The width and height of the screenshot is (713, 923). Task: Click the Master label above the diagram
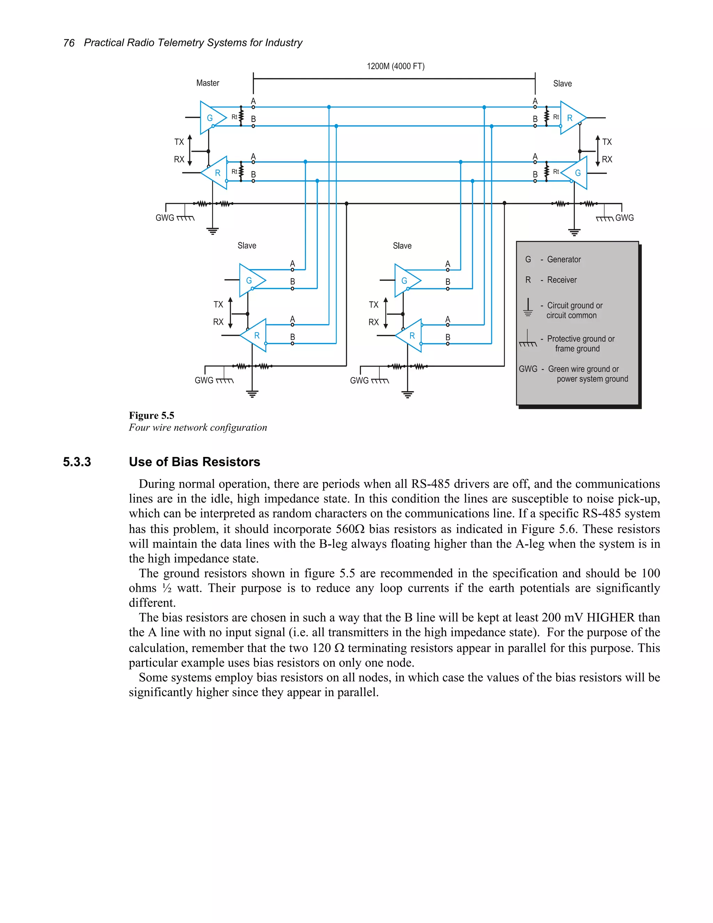point(207,83)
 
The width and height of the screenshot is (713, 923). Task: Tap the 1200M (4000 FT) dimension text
point(395,66)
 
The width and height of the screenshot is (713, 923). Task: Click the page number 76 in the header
point(69,43)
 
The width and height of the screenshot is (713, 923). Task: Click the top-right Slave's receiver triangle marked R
point(571,118)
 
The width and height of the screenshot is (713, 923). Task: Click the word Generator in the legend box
point(564,259)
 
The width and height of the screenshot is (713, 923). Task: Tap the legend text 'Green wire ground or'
point(583,369)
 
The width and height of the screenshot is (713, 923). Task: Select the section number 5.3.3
point(77,462)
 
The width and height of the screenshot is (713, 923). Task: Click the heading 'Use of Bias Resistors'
point(194,462)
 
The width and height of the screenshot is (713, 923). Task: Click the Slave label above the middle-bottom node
point(402,246)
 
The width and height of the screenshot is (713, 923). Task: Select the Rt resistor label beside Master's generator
point(234,117)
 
